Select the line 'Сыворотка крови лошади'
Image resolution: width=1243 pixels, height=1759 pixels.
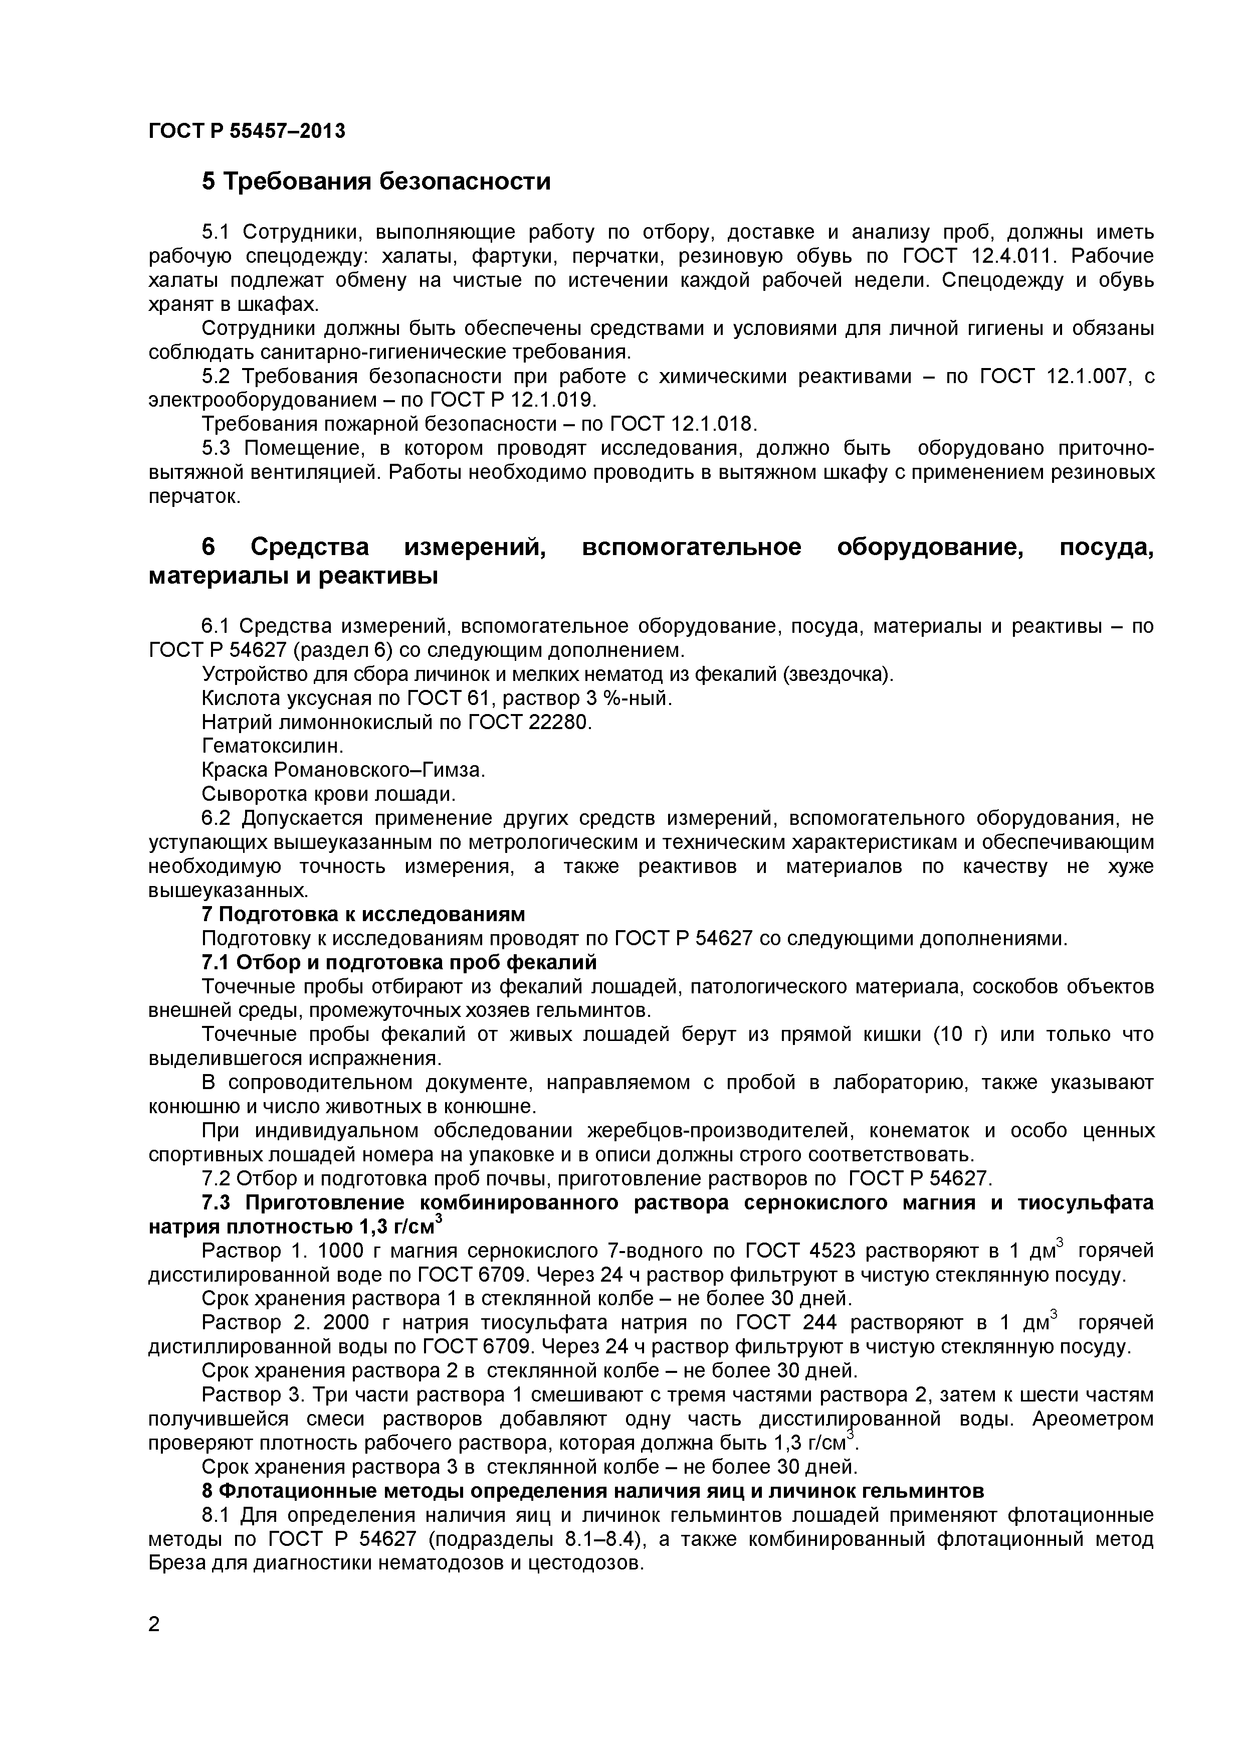(x=329, y=794)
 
